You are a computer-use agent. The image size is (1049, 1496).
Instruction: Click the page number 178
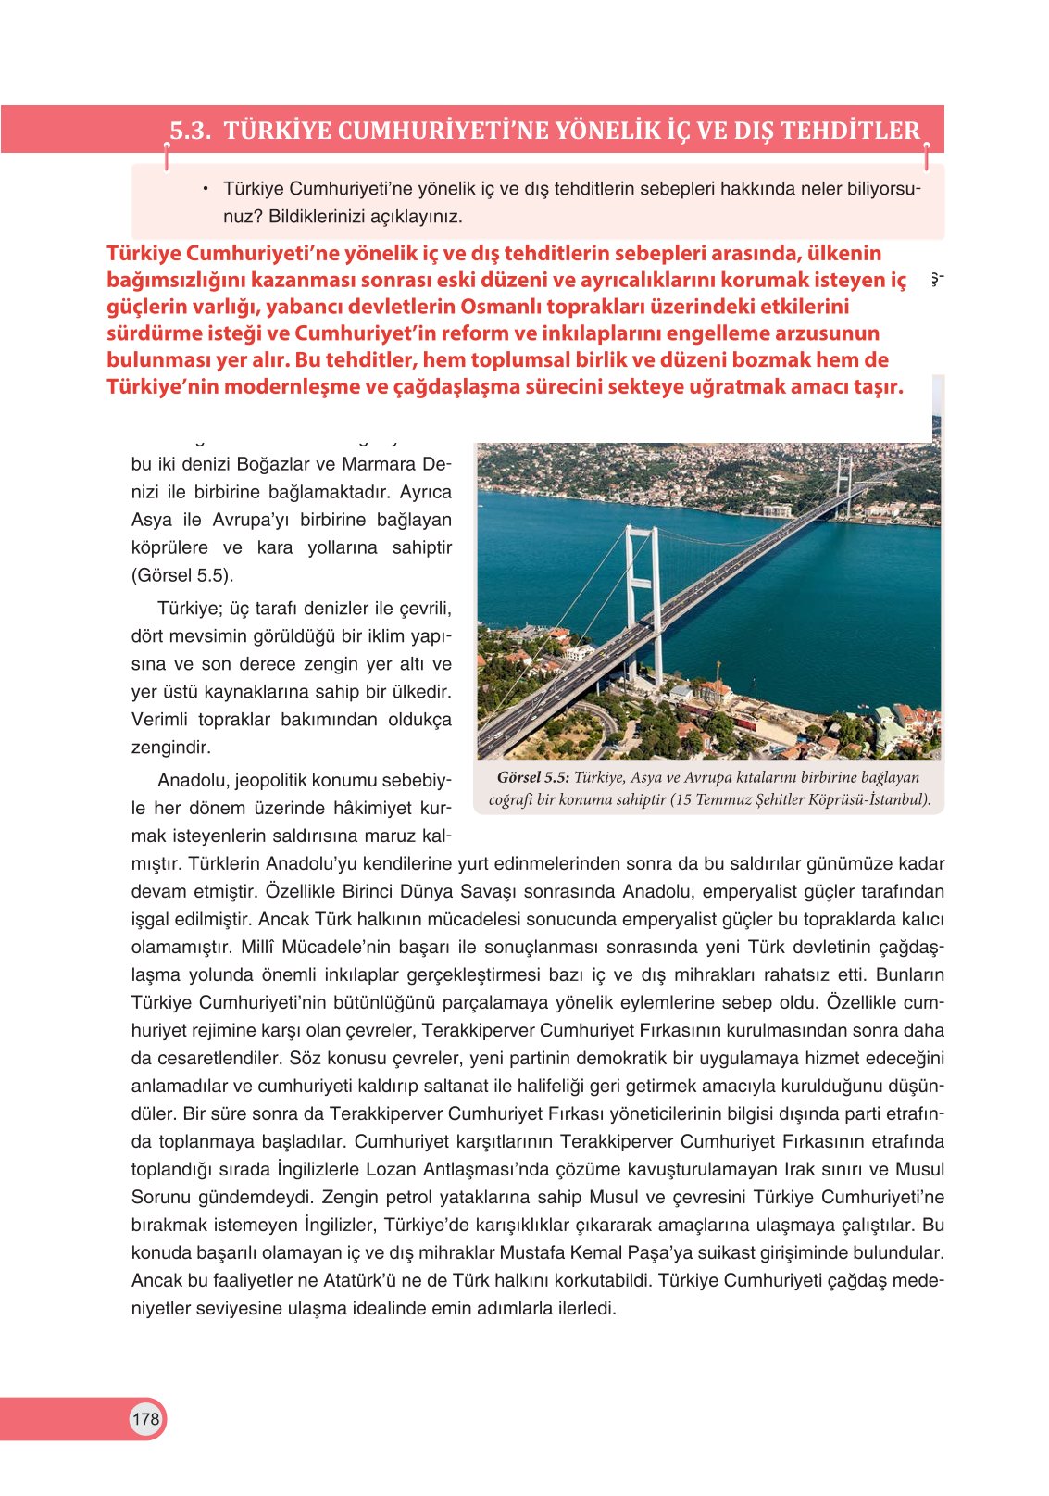145,1419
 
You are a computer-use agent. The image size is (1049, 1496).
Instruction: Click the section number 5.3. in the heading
191,131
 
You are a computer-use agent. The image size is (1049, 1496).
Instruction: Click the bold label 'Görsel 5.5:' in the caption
532,778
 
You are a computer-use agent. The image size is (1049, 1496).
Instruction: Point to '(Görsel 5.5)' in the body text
181,575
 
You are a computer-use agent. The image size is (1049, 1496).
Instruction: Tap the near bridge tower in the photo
642,602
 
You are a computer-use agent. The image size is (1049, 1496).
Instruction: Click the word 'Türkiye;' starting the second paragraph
190,609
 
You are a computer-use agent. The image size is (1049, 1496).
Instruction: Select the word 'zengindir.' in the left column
171,747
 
